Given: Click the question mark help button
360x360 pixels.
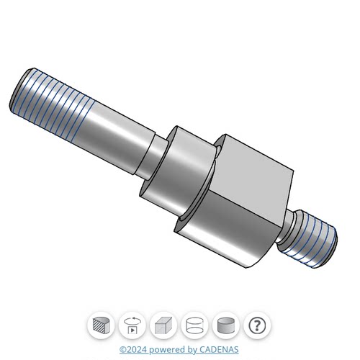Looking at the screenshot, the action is [257, 325].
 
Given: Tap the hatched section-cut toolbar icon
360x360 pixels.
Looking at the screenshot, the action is [101, 325].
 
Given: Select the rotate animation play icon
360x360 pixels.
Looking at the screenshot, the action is [132, 325].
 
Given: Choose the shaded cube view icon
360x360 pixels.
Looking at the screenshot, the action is [163, 325].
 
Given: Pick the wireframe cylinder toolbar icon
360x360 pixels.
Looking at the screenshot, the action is [194, 325].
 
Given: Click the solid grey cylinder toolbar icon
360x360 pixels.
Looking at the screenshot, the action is [226, 325].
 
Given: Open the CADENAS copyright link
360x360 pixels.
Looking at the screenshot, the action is [179, 350].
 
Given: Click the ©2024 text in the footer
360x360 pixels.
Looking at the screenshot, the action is [133, 350].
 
